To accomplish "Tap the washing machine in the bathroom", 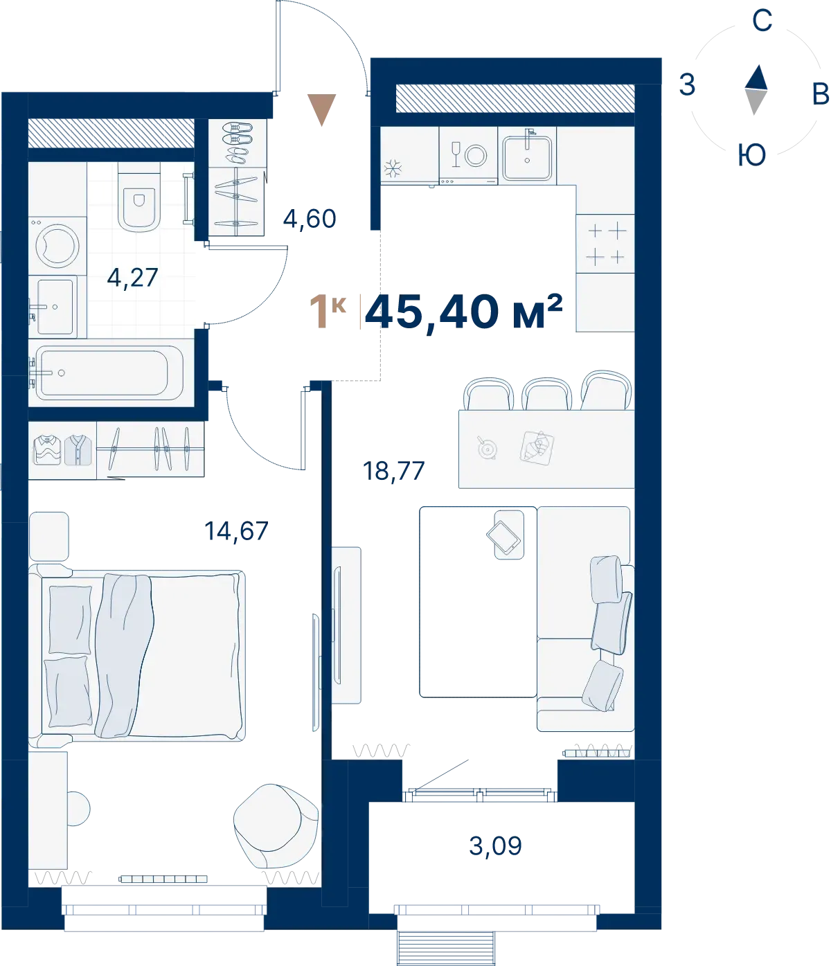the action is (x=57, y=246).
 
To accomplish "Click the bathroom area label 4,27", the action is (x=132, y=278).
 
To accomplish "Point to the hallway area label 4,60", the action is (x=310, y=219).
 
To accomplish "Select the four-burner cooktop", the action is (x=605, y=244).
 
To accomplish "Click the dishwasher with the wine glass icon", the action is (x=468, y=156).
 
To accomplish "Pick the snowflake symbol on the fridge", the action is (x=393, y=168).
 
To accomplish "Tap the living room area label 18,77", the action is (x=393, y=471).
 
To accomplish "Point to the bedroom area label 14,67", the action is (x=237, y=531).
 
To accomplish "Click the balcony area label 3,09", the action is (x=495, y=846).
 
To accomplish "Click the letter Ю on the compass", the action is (x=752, y=154).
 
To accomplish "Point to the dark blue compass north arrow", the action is (x=756, y=77).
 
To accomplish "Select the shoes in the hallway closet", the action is (x=237, y=143).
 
